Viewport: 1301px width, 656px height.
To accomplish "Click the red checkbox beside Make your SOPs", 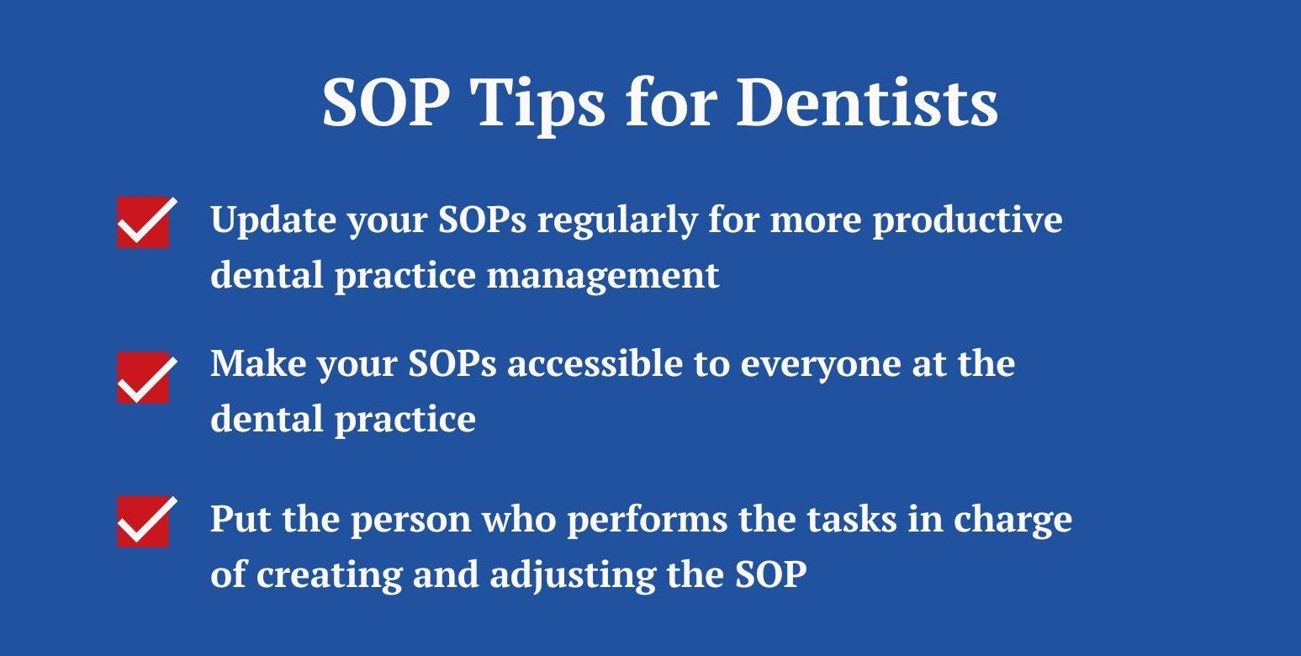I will coord(143,378).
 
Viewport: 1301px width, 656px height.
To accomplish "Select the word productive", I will coord(967,220).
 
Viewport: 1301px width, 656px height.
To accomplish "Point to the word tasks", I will coord(848,519).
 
